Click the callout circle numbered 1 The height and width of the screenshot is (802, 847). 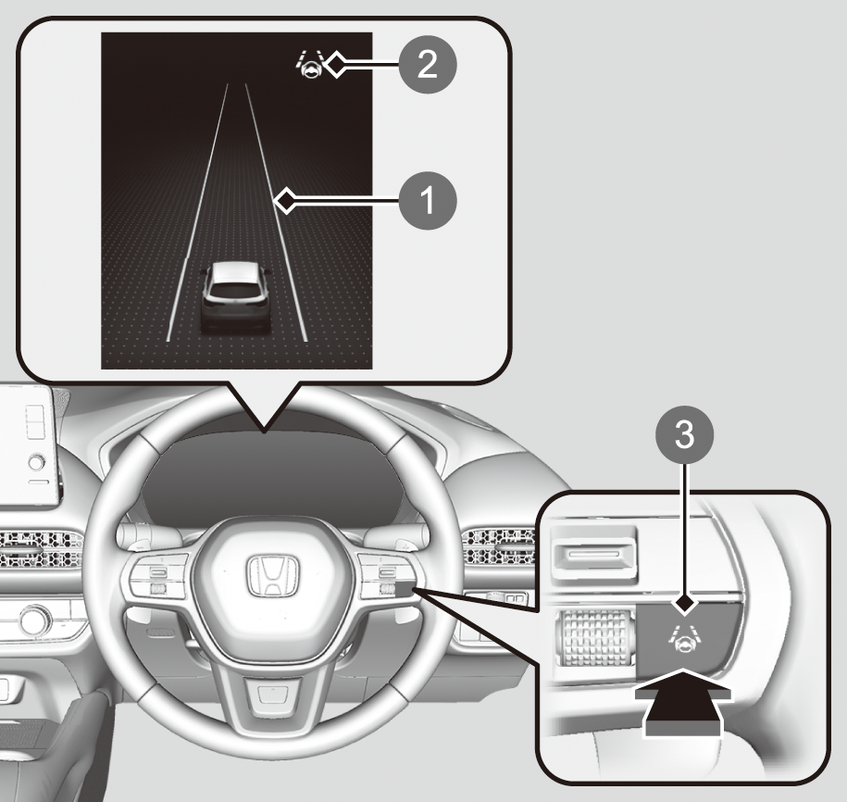click(428, 200)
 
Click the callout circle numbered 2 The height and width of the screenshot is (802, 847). click(428, 65)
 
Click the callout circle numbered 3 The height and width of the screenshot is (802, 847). click(684, 434)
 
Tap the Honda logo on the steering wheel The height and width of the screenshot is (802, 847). click(273, 576)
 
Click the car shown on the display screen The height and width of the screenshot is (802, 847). click(236, 297)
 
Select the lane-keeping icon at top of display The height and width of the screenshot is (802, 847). click(310, 65)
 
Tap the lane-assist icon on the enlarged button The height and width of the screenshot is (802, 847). click(684, 635)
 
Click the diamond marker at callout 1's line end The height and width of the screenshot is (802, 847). click(285, 201)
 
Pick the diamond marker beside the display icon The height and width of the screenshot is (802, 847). click(337, 64)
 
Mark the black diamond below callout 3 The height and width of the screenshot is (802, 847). click(684, 603)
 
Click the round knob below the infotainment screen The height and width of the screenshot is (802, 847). click(37, 463)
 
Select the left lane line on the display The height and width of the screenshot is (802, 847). click(198, 212)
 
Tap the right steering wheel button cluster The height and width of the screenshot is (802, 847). click(386, 578)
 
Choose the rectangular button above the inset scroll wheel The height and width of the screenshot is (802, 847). click(593, 554)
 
